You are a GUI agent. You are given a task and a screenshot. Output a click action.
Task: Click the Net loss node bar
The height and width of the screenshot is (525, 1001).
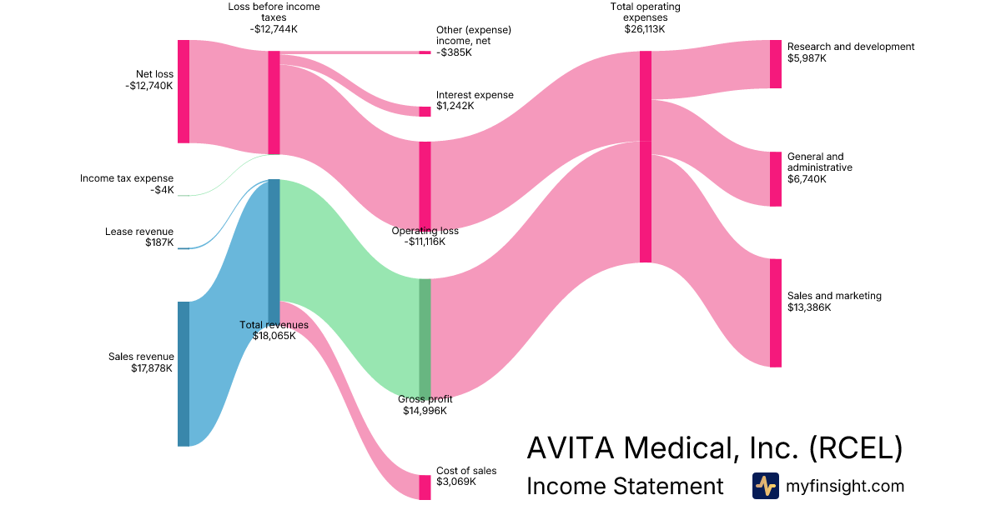[x=184, y=92]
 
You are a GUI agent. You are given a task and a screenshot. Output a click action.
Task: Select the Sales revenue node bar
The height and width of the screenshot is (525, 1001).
[x=184, y=373]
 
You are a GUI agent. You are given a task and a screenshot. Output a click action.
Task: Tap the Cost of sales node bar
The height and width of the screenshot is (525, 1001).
[x=425, y=487]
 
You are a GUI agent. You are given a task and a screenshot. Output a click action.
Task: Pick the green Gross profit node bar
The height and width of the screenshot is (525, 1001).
[x=425, y=337]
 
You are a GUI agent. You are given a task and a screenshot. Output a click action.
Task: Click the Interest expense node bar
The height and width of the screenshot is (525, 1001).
[x=425, y=112]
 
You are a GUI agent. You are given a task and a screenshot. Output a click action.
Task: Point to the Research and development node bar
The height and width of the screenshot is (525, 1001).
[x=776, y=64]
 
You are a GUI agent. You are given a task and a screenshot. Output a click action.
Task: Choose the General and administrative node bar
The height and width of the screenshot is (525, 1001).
[x=776, y=178]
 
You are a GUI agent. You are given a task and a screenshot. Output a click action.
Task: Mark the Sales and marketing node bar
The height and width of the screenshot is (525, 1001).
[x=776, y=312]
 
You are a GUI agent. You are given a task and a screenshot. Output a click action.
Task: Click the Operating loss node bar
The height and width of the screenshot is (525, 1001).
[x=425, y=184]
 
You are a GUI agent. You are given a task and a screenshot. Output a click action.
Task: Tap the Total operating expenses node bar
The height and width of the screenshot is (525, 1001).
[x=646, y=157]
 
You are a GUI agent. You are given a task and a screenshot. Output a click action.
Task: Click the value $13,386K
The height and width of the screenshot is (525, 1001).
[x=808, y=307]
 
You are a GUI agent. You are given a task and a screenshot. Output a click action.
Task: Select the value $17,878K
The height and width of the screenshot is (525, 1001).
[x=152, y=368]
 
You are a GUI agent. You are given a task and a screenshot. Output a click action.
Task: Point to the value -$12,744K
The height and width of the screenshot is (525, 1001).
[x=274, y=29]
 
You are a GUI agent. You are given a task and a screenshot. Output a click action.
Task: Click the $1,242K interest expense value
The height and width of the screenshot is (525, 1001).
[x=455, y=106]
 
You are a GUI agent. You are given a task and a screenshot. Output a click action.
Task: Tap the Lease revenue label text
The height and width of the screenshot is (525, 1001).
[x=139, y=232]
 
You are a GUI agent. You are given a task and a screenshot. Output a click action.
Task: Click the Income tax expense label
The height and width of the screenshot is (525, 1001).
[x=127, y=178]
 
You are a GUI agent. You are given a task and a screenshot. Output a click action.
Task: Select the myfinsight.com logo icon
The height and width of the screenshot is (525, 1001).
[x=765, y=486]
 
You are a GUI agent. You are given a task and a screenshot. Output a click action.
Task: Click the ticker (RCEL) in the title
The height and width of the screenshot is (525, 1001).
[x=856, y=448]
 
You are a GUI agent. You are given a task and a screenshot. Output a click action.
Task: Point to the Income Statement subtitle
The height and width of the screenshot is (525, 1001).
[x=625, y=486]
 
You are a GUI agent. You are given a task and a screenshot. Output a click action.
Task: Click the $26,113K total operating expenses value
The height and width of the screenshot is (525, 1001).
[x=645, y=29]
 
